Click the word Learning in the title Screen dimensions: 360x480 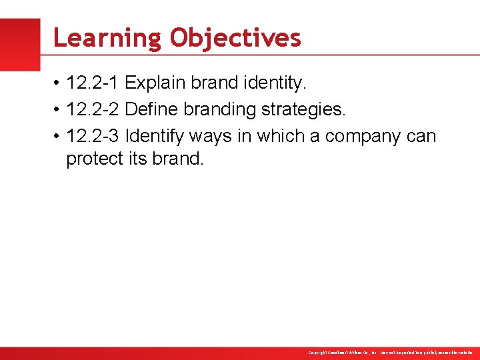[x=107, y=38]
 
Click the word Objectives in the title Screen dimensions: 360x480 [x=235, y=38]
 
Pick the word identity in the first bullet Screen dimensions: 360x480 [x=274, y=83]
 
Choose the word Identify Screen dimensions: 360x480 [x=155, y=136]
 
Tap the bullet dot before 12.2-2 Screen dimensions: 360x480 [x=58, y=110]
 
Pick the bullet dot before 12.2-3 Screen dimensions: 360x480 [x=58, y=137]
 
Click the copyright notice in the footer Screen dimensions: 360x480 [x=391, y=352]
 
